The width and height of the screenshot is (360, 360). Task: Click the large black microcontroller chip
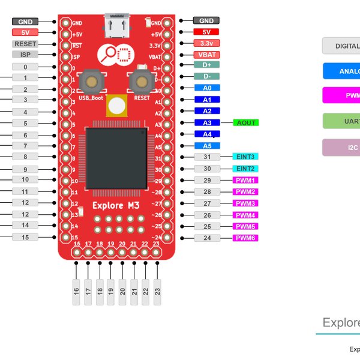click(116, 157)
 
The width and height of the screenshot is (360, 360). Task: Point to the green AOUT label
click(246, 122)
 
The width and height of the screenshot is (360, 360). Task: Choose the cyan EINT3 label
click(245, 157)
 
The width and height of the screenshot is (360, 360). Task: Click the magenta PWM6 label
click(245, 238)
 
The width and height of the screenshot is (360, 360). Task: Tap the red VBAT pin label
click(206, 54)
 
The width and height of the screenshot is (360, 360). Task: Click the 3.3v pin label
click(206, 43)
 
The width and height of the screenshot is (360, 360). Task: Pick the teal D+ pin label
click(206, 65)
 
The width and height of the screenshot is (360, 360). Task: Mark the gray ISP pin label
click(25, 55)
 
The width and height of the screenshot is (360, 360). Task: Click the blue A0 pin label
click(206, 88)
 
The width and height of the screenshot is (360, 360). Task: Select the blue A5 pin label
click(206, 146)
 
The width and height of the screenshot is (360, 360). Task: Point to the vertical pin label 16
click(77, 292)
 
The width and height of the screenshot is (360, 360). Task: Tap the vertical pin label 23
click(157, 292)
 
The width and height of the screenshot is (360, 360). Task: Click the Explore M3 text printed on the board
click(116, 206)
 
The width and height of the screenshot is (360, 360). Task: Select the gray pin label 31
click(206, 157)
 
